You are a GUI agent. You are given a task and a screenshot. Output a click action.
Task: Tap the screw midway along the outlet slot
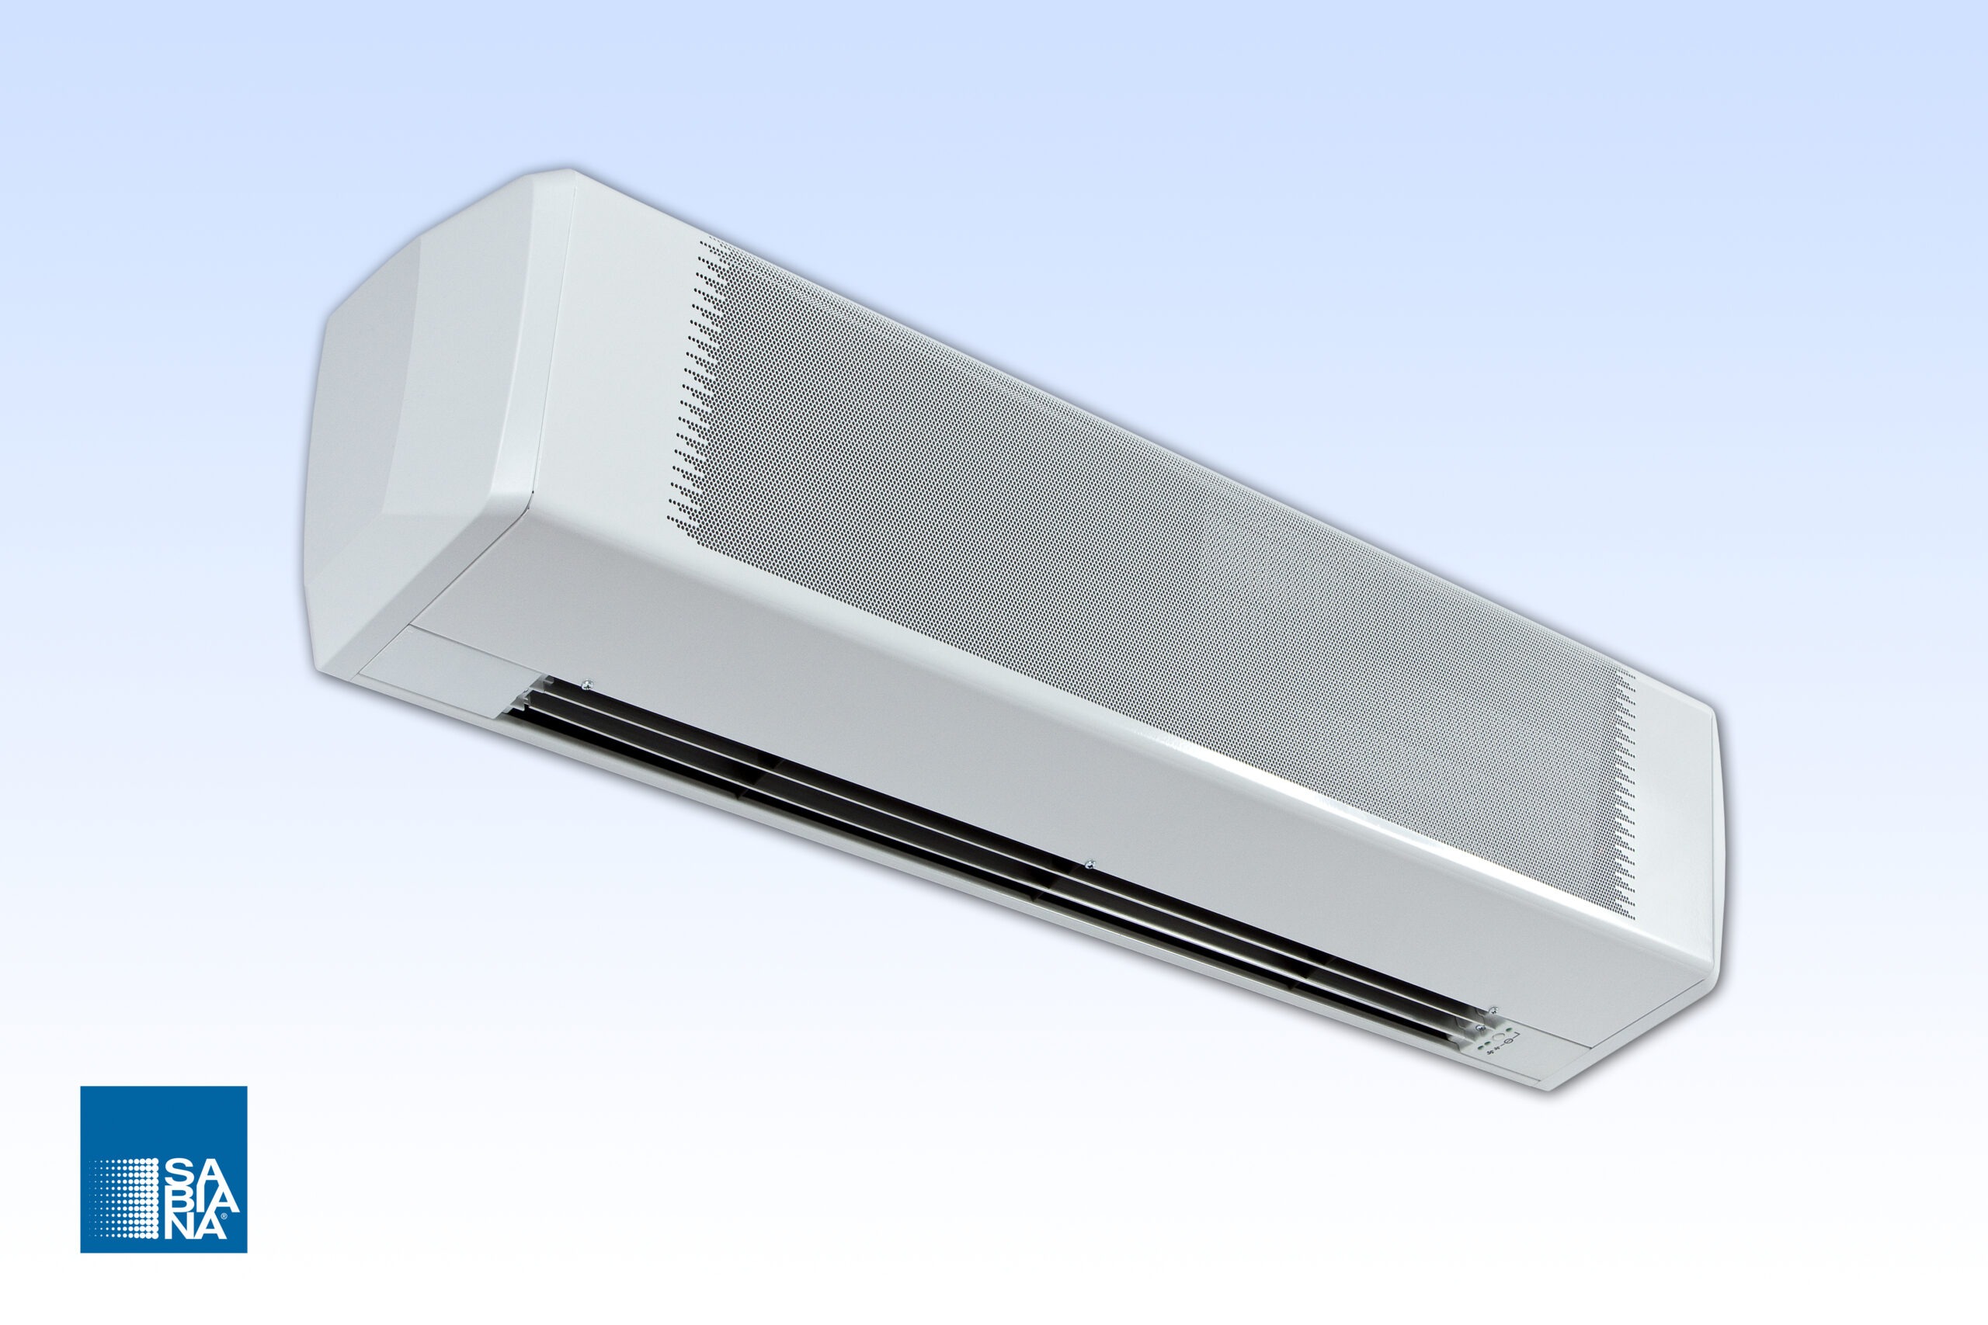(x=1090, y=864)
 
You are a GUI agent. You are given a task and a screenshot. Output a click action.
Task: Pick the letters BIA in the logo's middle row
(x=203, y=1202)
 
